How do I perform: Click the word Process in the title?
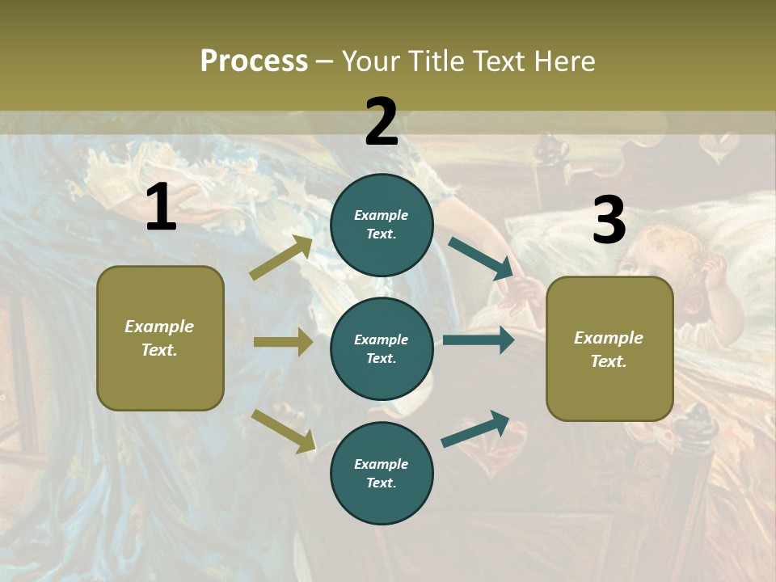click(x=254, y=61)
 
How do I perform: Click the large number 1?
click(x=161, y=209)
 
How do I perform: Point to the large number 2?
click(x=382, y=122)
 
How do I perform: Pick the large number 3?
click(x=609, y=221)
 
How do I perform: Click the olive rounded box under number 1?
click(x=160, y=338)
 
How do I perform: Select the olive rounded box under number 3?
click(x=609, y=348)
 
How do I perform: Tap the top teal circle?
click(x=382, y=225)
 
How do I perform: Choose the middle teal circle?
click(x=382, y=348)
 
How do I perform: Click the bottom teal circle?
click(x=382, y=473)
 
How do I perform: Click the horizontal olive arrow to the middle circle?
click(x=283, y=342)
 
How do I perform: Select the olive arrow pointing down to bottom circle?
click(x=283, y=431)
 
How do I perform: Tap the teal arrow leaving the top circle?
click(x=481, y=259)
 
